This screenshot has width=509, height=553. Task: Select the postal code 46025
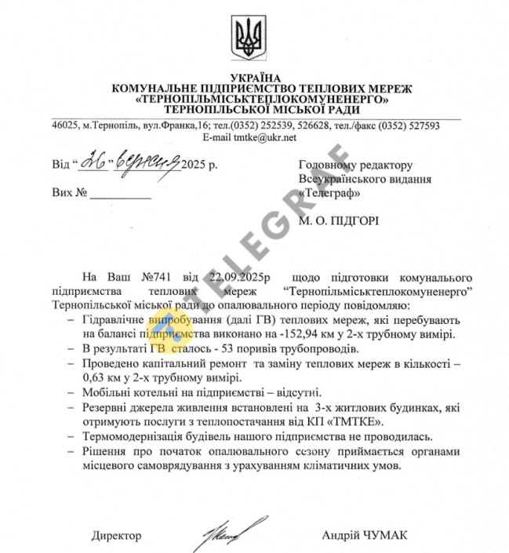tap(65, 126)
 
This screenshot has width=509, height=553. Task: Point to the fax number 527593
tap(421, 126)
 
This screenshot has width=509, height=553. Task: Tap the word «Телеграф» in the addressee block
tap(327, 192)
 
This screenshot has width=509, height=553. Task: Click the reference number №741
tap(159, 278)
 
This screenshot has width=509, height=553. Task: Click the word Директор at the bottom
tap(116, 536)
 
